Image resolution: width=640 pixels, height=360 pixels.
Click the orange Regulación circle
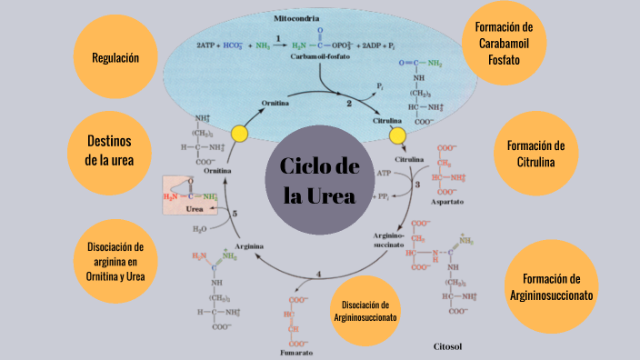coord(115,57)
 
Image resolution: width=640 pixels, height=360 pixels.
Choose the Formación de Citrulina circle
coord(536,154)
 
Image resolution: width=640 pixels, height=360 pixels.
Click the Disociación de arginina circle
coord(115,261)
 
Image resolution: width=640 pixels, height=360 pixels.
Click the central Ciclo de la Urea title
coord(319,181)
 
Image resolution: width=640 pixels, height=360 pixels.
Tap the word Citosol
coord(448,346)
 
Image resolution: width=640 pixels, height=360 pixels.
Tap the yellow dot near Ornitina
coord(239,134)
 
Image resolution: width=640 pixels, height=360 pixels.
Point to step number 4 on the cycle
coord(318,274)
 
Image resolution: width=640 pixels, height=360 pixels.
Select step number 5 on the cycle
coord(235,214)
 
